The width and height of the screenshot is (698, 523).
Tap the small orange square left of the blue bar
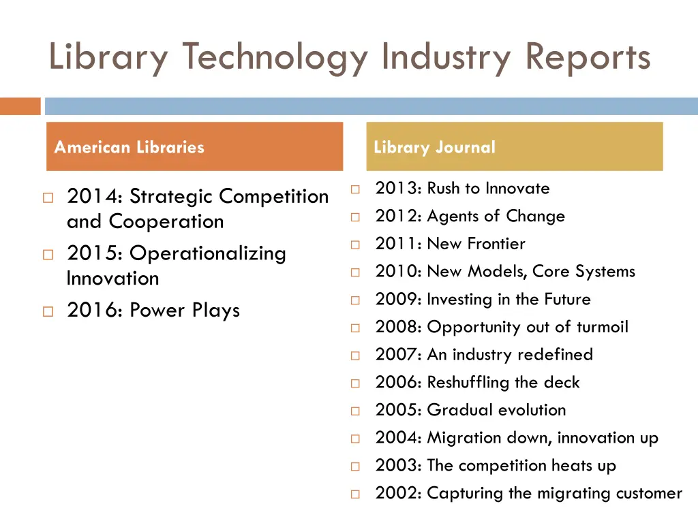20,106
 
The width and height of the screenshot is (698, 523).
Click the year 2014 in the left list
91,196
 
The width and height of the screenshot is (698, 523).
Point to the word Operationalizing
208,253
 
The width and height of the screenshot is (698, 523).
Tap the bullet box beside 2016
47,312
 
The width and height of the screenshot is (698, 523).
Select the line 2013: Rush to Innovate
462,189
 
